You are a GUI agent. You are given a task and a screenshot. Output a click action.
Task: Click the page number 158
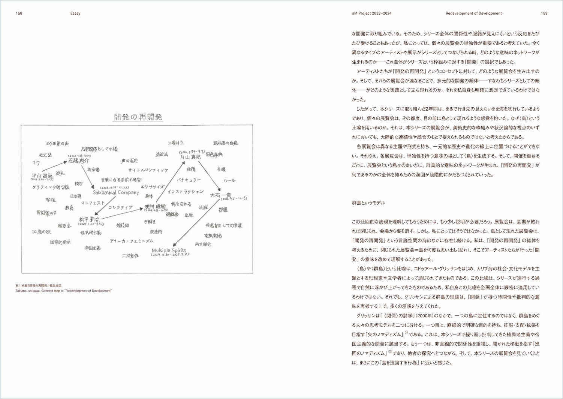pos(19,13)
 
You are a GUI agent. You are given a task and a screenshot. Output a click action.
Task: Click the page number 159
pos(544,13)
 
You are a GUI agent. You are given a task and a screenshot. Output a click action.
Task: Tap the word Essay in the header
pos(75,13)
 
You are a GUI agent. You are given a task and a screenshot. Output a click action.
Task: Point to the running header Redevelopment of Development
pos(473,13)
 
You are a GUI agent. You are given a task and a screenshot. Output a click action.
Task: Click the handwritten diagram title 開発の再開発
pos(138,117)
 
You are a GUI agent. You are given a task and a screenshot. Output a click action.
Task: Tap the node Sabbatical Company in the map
pos(116,192)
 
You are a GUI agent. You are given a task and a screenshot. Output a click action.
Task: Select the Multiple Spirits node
pos(169,250)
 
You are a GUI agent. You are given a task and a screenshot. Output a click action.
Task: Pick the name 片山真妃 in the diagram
pos(190,157)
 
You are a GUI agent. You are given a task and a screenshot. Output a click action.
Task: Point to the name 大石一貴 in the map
pos(221,195)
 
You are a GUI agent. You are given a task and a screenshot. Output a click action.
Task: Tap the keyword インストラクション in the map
pos(186,192)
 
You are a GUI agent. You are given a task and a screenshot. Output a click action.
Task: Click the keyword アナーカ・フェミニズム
pos(131,241)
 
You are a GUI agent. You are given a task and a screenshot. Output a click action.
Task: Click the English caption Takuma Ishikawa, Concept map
pos(63,291)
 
